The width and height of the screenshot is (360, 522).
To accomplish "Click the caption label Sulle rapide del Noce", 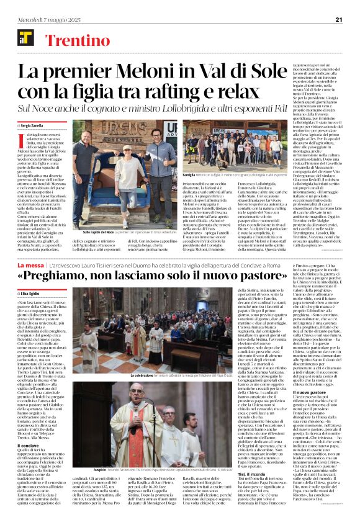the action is pyautogui.click(x=92, y=231).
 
